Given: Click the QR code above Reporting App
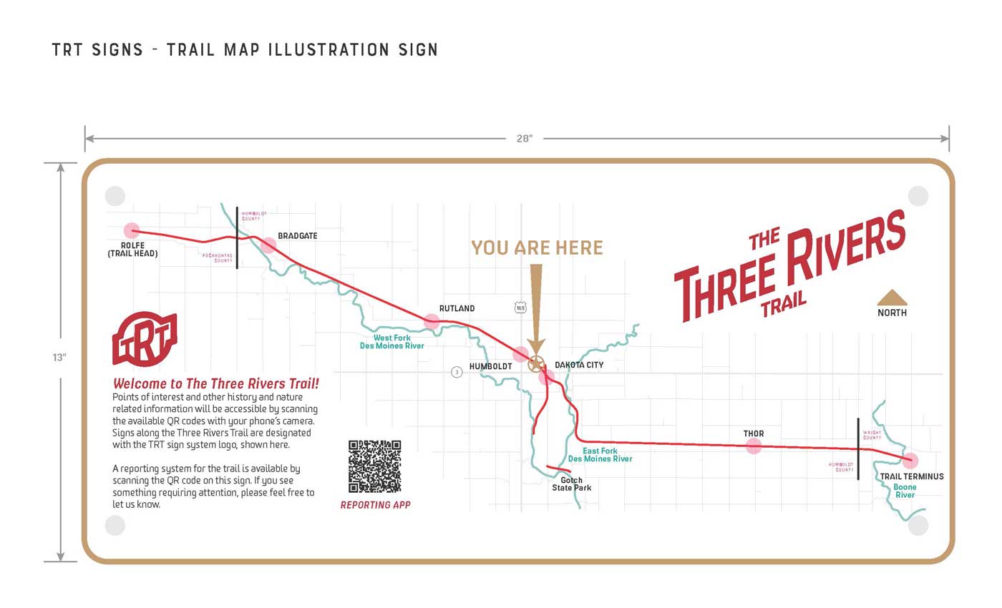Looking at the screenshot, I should pos(374,466).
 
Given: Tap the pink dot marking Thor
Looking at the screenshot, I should pos(754,446).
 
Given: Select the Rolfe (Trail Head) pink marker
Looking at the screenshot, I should pos(132,230).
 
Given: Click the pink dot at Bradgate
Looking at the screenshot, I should pos(268,245).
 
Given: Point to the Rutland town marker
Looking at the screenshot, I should pos(432,322).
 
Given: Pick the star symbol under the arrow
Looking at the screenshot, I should pos(535,364).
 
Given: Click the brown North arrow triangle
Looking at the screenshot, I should pos(892,298).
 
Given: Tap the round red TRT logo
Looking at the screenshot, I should pos(145,339).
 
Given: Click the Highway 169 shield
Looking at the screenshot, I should pos(520,308).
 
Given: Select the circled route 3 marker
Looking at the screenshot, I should pos(457,372).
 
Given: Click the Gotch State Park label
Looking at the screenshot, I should pos(571,484).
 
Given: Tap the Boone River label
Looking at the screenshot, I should pos(905,491).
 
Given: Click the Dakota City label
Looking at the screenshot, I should pos(579,365).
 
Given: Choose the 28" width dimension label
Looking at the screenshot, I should pos(525,139).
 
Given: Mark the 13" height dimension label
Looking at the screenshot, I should pos(59,358).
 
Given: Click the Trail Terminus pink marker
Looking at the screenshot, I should pos(910,461).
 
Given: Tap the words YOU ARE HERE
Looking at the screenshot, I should pos(537,248).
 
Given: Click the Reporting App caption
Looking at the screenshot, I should pos(375,505).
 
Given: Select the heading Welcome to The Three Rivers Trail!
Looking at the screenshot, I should pos(216,383).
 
